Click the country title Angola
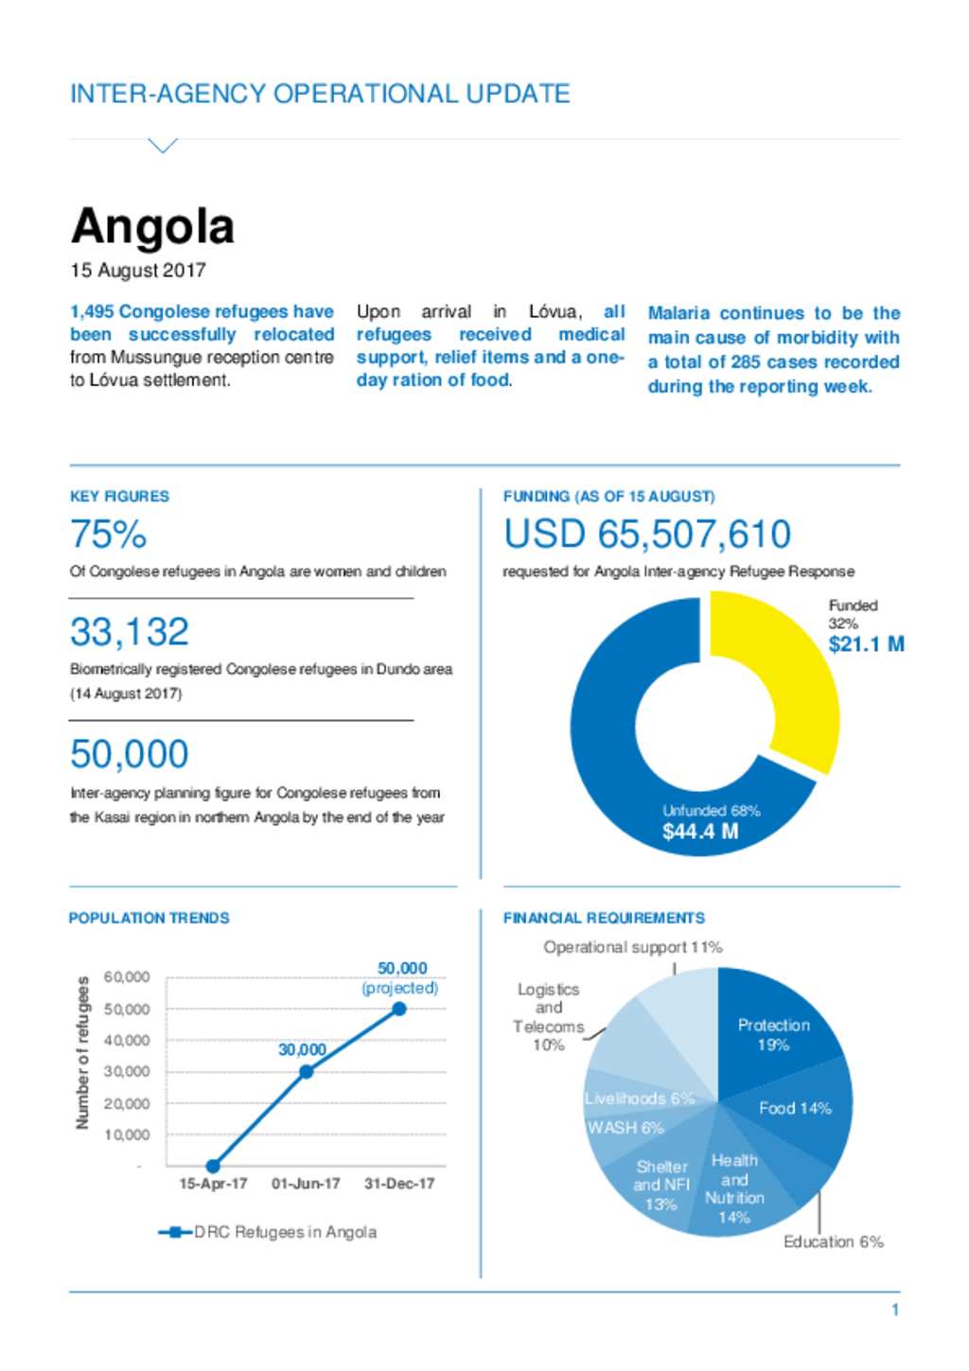click(x=152, y=227)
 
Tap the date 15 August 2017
click(x=138, y=271)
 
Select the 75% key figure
click(x=108, y=534)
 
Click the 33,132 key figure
click(x=129, y=632)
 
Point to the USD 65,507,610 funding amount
click(x=647, y=534)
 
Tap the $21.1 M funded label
click(x=866, y=644)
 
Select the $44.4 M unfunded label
click(x=700, y=831)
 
